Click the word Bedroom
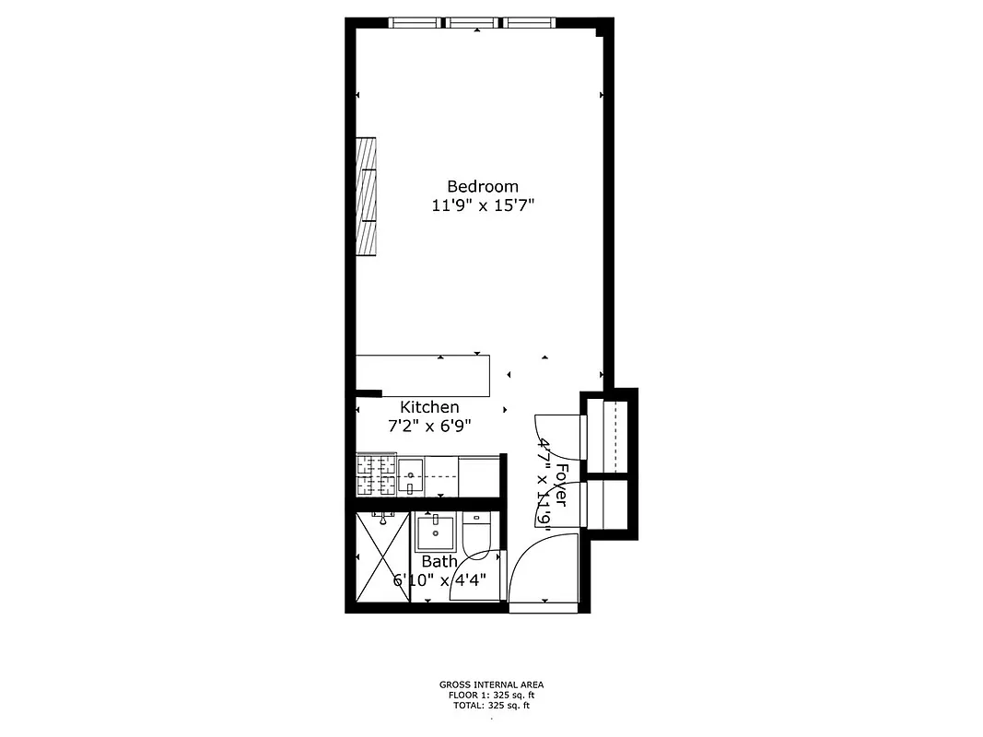483,186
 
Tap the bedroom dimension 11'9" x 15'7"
483,206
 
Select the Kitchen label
429,407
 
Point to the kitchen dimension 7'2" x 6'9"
429,427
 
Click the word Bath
439,561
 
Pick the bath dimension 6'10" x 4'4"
439,580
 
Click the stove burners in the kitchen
376,475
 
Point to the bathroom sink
435,532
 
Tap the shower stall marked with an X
381,556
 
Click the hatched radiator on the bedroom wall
368,196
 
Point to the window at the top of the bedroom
476,22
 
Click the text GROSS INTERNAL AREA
491,684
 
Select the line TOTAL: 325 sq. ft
491,706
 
